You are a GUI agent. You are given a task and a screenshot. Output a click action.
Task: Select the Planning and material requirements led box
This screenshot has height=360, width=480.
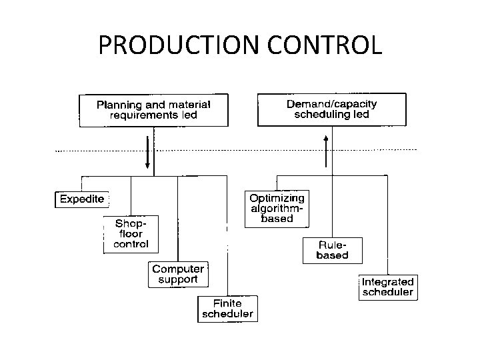(153, 110)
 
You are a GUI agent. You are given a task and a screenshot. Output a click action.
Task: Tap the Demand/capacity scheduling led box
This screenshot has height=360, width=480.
(331, 109)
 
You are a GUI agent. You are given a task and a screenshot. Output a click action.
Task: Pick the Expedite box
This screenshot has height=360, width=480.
(82, 199)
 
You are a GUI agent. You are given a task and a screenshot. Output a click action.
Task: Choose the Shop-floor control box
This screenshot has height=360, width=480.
(131, 233)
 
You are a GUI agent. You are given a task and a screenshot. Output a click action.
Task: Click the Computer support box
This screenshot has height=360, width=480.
(177, 274)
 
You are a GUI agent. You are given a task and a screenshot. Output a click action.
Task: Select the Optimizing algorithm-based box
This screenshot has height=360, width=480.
(276, 209)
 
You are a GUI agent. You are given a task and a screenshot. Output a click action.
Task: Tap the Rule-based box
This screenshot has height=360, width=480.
(331, 249)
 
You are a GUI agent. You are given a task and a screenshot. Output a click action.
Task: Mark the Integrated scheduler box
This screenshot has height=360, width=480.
(387, 287)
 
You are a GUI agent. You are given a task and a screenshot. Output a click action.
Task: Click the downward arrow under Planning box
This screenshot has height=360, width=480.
(148, 153)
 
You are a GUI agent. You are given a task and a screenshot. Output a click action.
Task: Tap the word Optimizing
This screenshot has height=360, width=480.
(276, 198)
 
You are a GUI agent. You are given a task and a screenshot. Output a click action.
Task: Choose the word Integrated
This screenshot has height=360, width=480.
(387, 281)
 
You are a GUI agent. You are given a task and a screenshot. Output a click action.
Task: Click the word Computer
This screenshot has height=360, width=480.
(177, 269)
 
